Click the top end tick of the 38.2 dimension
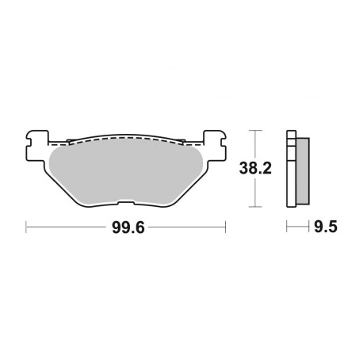[254, 130]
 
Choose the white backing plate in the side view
[291, 170]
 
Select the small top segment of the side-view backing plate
[291, 133]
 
